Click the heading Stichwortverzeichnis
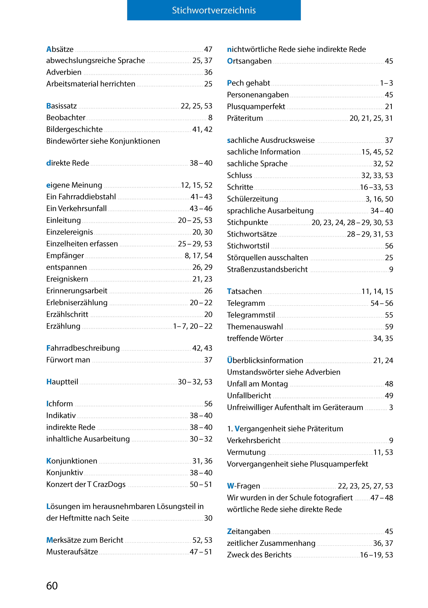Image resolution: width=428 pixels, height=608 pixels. (214, 10)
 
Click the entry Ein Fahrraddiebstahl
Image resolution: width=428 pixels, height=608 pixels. (81, 197)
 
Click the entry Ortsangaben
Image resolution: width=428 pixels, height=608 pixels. (249, 61)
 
